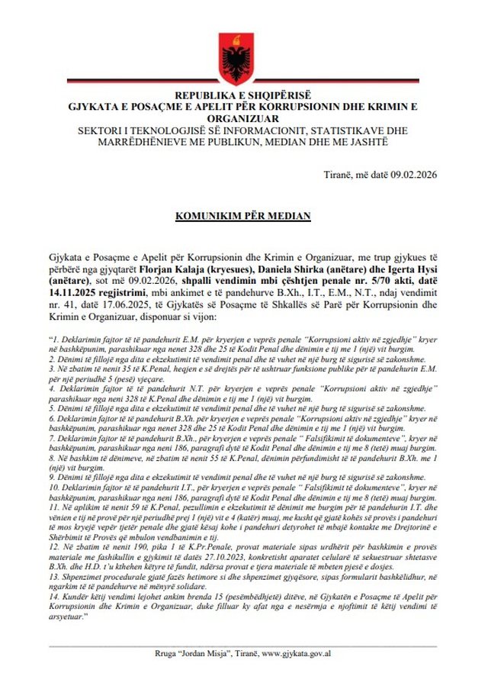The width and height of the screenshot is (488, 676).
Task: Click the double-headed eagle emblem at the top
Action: [x=244, y=55]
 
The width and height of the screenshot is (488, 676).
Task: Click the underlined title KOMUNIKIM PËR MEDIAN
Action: [x=244, y=217]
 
